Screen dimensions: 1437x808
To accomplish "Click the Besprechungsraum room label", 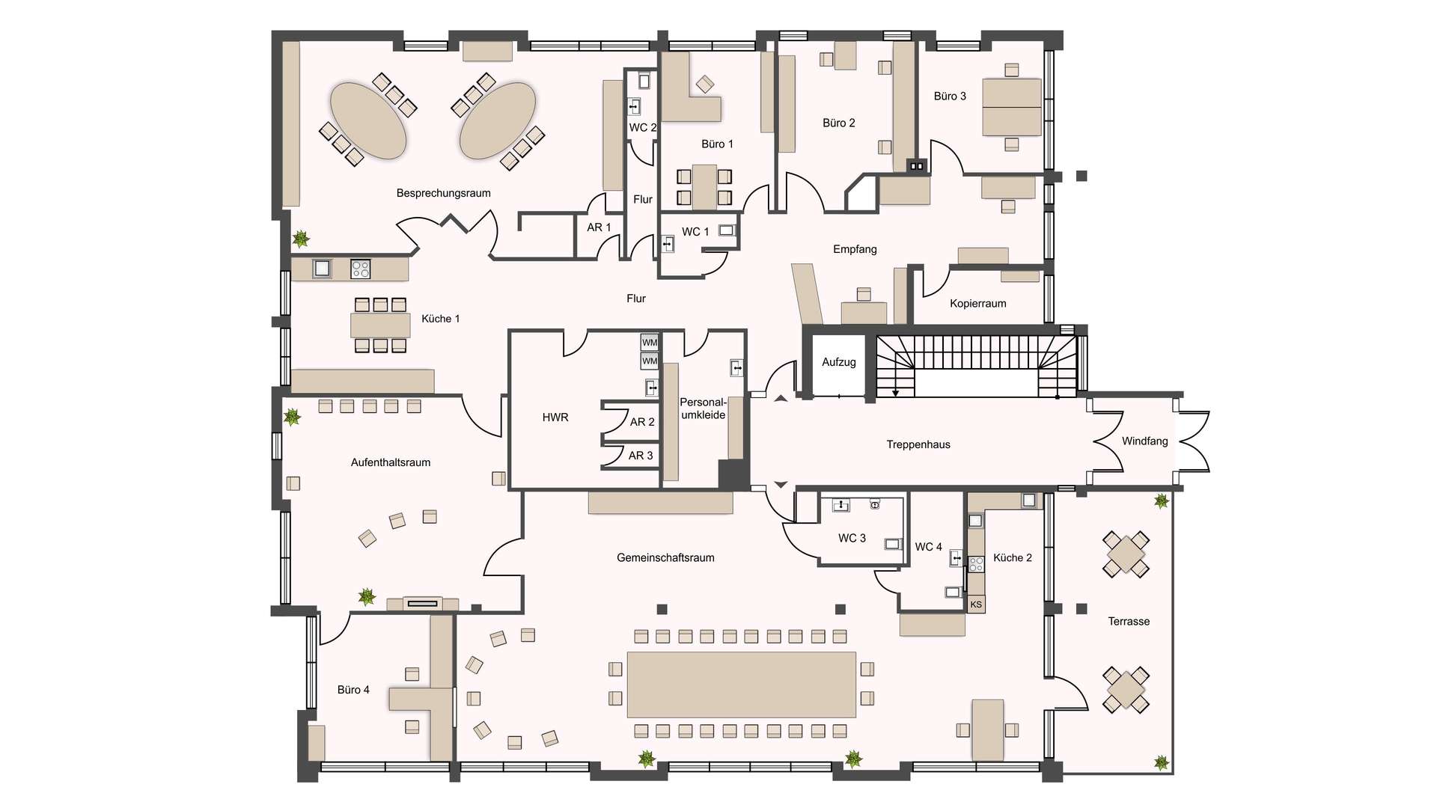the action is pyautogui.click(x=443, y=193).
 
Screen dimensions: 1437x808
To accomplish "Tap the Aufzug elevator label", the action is pyautogui.click(x=838, y=362).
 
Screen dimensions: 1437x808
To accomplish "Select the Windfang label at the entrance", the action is pyautogui.click(x=1144, y=441).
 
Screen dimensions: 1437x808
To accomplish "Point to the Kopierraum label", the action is pyautogui.click(x=977, y=304).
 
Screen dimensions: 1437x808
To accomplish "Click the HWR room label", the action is pyautogui.click(x=555, y=417).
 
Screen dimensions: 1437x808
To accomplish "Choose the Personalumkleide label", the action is pyautogui.click(x=703, y=408).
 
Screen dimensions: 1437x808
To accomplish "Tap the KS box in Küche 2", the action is pyautogui.click(x=976, y=605).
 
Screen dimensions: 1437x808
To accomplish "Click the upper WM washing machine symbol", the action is pyautogui.click(x=650, y=343).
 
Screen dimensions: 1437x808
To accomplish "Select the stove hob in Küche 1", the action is pyautogui.click(x=361, y=269).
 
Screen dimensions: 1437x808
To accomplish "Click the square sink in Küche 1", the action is pyautogui.click(x=323, y=268).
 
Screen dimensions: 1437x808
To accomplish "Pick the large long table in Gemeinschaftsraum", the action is pyautogui.click(x=741, y=685).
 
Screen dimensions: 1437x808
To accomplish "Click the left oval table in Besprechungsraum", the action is pyautogui.click(x=368, y=120).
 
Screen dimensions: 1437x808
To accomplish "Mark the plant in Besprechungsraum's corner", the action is pyautogui.click(x=301, y=239).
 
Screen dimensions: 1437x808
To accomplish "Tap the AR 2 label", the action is pyautogui.click(x=642, y=422).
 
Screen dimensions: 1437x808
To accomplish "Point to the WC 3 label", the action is pyautogui.click(x=852, y=539).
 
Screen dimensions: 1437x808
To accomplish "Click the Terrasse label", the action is pyautogui.click(x=1129, y=622).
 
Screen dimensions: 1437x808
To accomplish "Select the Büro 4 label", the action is pyautogui.click(x=353, y=690).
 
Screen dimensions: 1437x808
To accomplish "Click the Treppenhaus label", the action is pyautogui.click(x=918, y=444).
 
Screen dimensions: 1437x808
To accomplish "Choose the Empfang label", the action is pyautogui.click(x=855, y=249).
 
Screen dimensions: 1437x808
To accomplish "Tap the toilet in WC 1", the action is pyautogui.click(x=727, y=230).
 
